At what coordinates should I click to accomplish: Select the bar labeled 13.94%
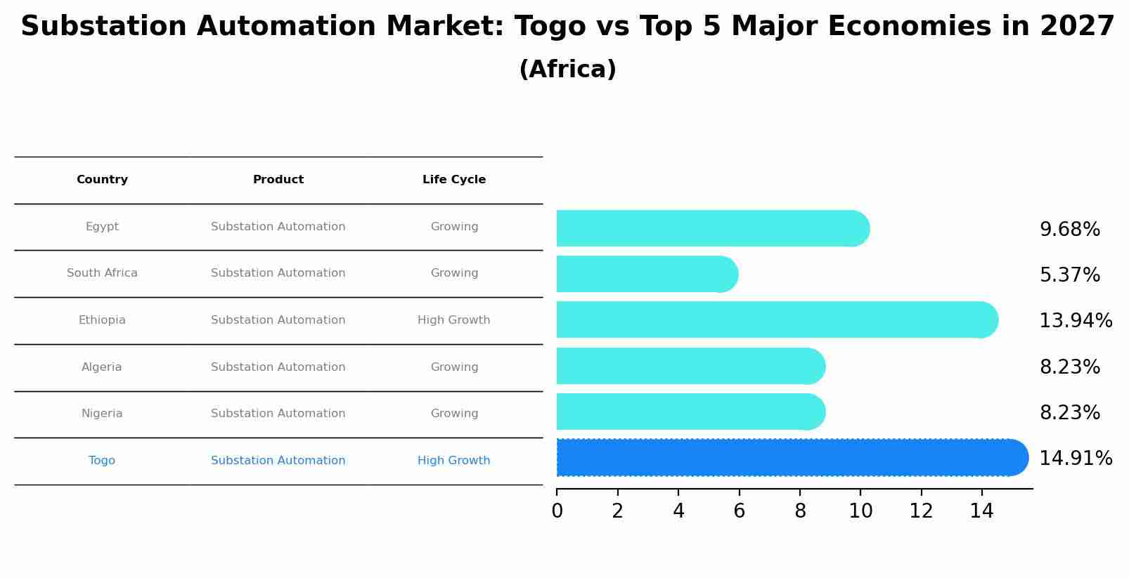[773, 320]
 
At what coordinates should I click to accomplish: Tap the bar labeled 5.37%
[643, 274]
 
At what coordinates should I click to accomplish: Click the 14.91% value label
[1076, 459]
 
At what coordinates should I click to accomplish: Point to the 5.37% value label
[1069, 275]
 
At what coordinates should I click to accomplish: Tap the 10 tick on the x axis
[860, 511]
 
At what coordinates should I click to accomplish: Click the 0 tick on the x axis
[557, 511]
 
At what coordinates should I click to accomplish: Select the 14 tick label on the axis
[981, 511]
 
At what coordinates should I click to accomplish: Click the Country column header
[102, 180]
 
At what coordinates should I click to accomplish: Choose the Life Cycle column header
[454, 180]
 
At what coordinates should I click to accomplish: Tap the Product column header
[278, 180]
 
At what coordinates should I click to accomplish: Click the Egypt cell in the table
[102, 227]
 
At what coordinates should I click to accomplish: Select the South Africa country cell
[102, 273]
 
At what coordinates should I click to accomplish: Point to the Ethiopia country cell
[102, 320]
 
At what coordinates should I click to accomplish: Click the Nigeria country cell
[102, 414]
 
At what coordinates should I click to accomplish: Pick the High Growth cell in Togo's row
[454, 461]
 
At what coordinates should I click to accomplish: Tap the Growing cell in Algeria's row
[454, 367]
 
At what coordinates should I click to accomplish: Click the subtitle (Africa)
[567, 70]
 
